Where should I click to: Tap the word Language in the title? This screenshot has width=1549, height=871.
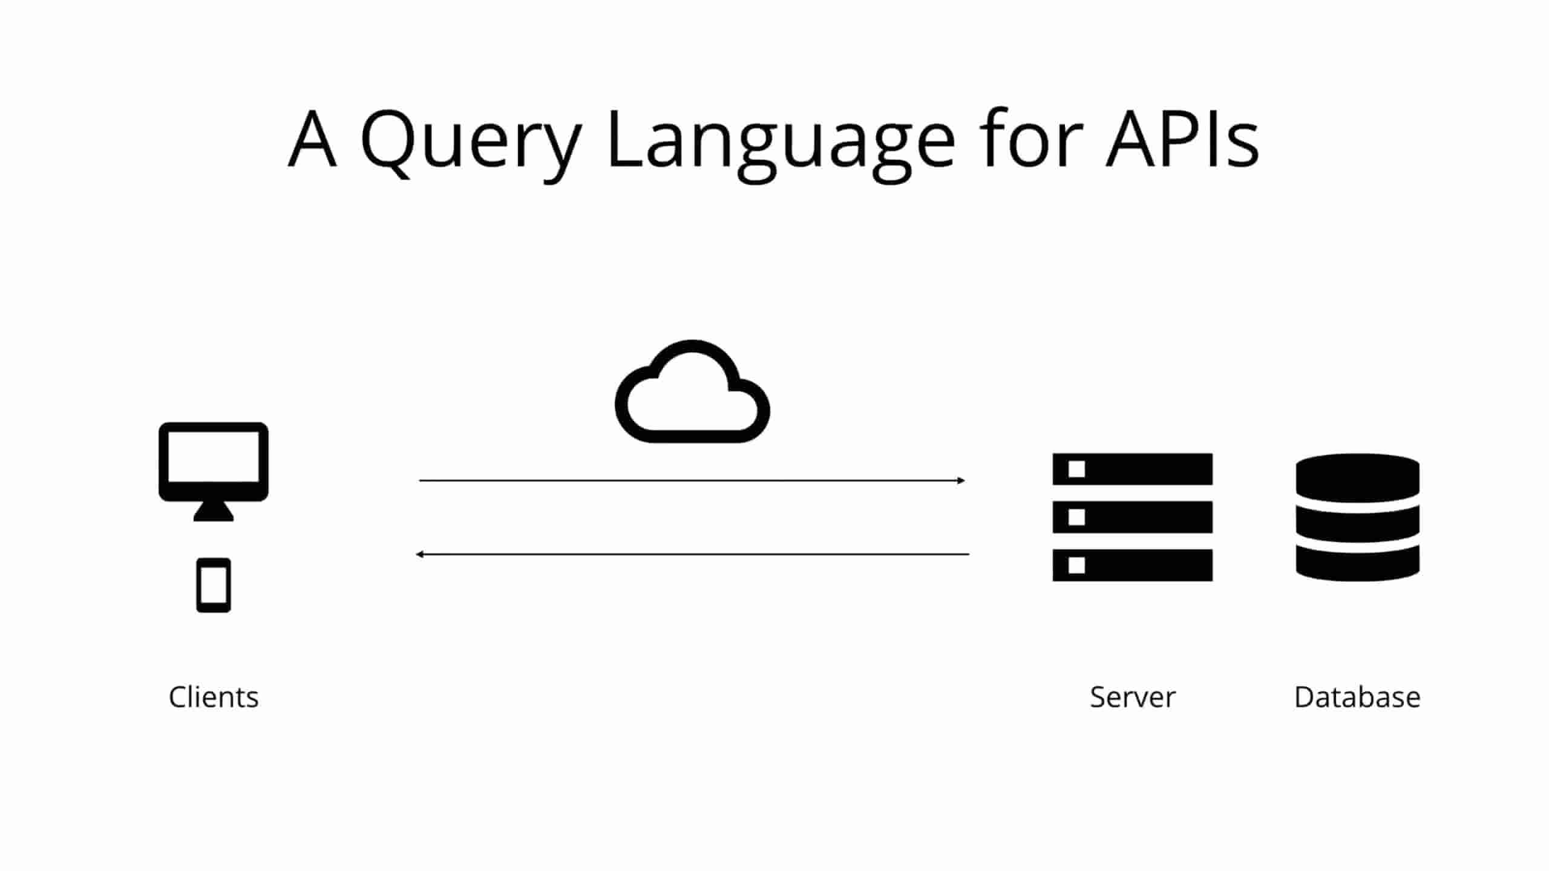click(x=781, y=145)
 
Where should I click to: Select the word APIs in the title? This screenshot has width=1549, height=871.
click(x=1183, y=139)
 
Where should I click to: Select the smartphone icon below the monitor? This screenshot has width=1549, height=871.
click(x=214, y=585)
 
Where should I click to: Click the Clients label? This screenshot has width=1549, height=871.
click(x=214, y=697)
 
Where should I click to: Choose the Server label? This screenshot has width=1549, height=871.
click(x=1133, y=697)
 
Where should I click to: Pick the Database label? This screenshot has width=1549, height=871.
click(x=1357, y=697)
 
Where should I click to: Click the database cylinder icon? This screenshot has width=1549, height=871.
click(x=1358, y=518)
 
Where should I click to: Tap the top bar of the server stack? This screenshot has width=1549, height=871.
click(x=1133, y=469)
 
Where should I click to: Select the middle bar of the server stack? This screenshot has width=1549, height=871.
click(x=1133, y=517)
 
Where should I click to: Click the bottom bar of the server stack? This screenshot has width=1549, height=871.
click(x=1133, y=565)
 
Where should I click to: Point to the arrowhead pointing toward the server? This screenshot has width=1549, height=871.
click(x=961, y=481)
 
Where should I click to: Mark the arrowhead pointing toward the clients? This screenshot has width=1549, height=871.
click(x=419, y=554)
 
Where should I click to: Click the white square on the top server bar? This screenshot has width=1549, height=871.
click(x=1076, y=469)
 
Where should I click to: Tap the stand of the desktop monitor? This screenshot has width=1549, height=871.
click(x=214, y=511)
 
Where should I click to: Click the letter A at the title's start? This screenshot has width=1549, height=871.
click(x=312, y=138)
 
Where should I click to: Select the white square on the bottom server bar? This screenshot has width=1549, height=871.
click(x=1076, y=565)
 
